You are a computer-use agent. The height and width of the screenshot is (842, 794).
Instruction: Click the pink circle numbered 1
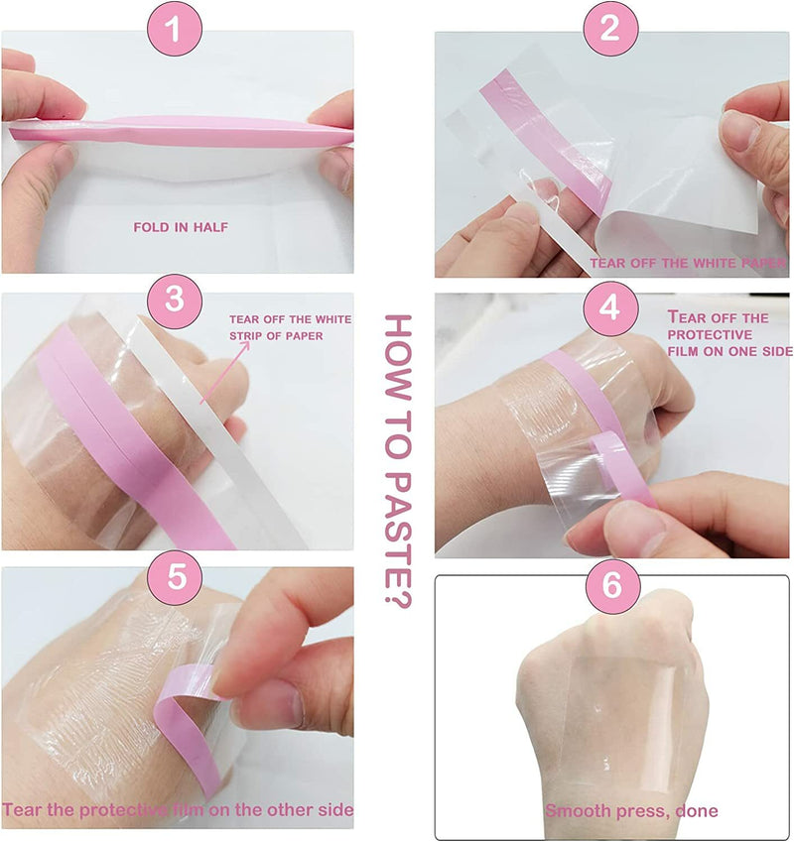click(x=174, y=28)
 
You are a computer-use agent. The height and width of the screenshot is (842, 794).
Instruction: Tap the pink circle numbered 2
click(x=610, y=28)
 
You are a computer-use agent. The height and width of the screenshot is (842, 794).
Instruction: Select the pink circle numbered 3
click(x=174, y=301)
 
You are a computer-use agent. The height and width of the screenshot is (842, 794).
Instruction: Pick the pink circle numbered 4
click(x=610, y=308)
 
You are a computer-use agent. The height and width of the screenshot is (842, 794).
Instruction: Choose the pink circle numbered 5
click(x=177, y=576)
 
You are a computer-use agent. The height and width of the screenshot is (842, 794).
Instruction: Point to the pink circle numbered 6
click(x=612, y=585)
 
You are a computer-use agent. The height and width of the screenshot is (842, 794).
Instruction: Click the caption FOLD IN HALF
click(x=181, y=227)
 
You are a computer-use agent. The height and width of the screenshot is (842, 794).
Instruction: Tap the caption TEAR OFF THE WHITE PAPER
click(x=688, y=263)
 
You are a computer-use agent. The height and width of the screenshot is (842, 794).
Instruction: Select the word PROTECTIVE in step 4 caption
click(x=709, y=334)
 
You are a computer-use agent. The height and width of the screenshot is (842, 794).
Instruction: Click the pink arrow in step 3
click(x=225, y=372)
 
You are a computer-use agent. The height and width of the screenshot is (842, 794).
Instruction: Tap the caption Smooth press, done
click(x=631, y=810)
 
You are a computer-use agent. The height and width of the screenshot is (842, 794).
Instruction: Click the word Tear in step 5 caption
click(x=22, y=809)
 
